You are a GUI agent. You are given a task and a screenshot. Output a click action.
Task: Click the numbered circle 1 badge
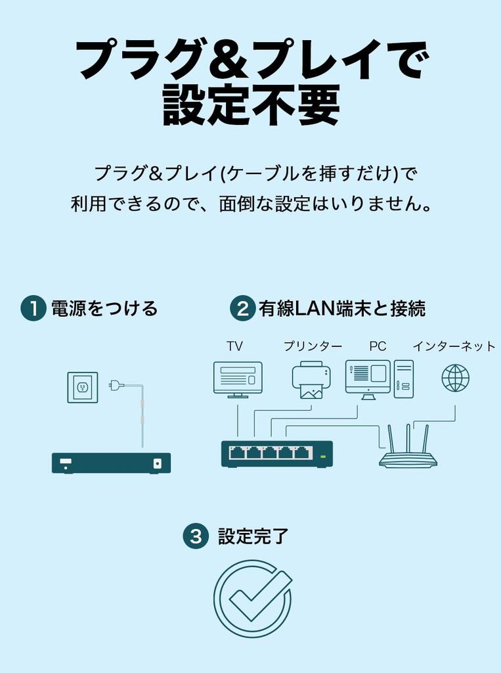[33, 308]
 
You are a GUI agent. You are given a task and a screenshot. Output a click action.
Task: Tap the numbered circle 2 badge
[242, 308]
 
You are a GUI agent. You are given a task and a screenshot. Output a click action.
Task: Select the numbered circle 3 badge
[195, 536]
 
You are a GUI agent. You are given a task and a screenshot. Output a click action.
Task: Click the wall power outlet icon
[83, 387]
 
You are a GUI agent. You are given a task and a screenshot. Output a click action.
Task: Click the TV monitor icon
[238, 379]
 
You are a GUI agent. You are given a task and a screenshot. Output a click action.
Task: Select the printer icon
[311, 380]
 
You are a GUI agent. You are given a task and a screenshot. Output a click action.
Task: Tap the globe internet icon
[455, 378]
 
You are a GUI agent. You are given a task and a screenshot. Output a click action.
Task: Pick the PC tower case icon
[403, 379]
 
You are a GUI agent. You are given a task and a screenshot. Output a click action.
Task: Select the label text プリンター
[313, 346]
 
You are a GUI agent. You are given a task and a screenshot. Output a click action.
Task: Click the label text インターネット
[454, 346]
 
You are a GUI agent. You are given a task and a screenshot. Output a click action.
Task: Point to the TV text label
[234, 346]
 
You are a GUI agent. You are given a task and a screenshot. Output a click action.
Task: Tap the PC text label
[378, 346]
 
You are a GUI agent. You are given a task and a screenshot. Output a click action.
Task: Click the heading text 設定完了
[253, 536]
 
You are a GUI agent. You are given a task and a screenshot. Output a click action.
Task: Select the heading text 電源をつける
[104, 308]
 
